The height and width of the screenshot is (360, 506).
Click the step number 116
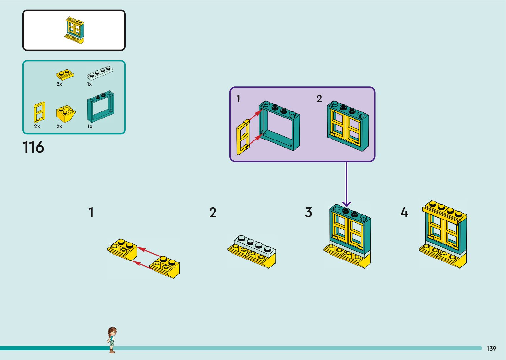pyautogui.click(x=33, y=147)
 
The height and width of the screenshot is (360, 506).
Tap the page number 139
pyautogui.click(x=491, y=348)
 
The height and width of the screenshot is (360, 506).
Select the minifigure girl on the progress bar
pyautogui.click(x=112, y=340)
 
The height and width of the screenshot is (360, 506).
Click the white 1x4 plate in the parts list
pyautogui.click(x=100, y=73)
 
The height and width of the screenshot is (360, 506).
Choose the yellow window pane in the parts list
pyautogui.click(x=39, y=112)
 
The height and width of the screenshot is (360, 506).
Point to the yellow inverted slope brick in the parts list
pyautogui.click(x=66, y=114)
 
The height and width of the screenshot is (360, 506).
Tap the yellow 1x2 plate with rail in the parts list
pyautogui.click(x=65, y=75)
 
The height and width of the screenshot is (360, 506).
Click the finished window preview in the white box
pyautogui.click(x=74, y=30)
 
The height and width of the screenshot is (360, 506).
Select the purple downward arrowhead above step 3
pyautogui.click(x=346, y=204)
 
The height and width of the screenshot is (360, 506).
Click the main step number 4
pyautogui.click(x=404, y=213)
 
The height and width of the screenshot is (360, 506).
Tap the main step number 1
pyautogui.click(x=91, y=213)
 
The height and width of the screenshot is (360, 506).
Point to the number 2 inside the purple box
pyautogui.click(x=319, y=99)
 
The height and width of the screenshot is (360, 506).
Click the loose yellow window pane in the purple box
pyautogui.click(x=243, y=137)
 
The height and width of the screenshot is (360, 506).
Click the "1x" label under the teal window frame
pyautogui.click(x=90, y=126)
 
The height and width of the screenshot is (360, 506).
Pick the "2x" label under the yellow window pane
pyautogui.click(x=37, y=126)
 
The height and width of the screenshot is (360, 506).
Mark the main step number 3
pyautogui.click(x=308, y=213)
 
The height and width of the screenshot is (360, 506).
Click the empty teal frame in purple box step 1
pyautogui.click(x=279, y=126)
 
